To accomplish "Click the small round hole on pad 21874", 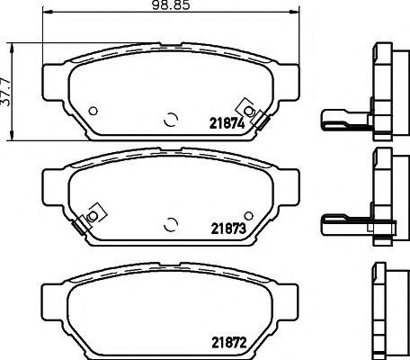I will tap(94, 111).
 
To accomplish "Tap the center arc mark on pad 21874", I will tap(172, 117).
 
